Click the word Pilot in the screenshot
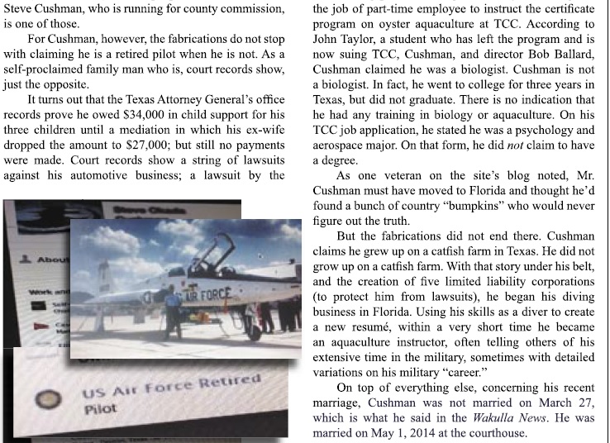click(x=99, y=408)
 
